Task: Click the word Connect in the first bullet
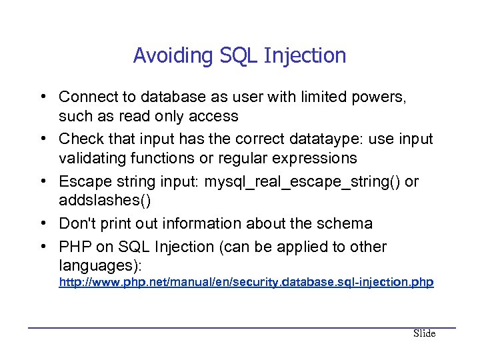pos(85,97)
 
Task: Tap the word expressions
pos(314,159)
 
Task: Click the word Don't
pos(77,224)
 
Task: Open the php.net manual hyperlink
pos(246,283)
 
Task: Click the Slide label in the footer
pos(424,333)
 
